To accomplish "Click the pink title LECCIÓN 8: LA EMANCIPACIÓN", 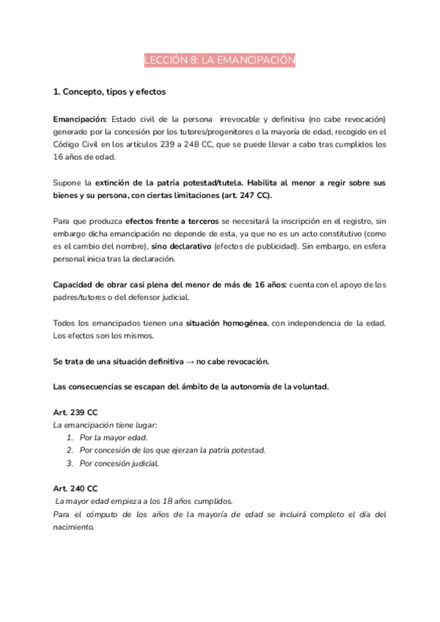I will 219,61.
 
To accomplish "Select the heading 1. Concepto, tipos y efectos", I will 110,92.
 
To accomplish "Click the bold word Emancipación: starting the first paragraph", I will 80,119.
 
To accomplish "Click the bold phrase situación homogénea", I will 227,323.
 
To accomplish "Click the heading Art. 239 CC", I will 76,413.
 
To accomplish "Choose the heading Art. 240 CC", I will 76,489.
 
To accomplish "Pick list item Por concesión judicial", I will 119,464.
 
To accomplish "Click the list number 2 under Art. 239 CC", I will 69,450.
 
